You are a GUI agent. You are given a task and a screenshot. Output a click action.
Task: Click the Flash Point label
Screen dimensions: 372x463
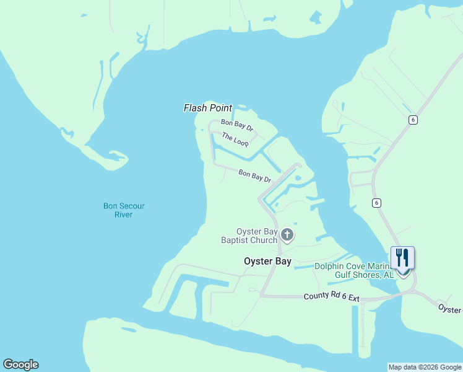pyautogui.click(x=208, y=108)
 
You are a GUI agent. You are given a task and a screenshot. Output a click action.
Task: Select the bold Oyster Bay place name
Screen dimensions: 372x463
pyautogui.click(x=267, y=262)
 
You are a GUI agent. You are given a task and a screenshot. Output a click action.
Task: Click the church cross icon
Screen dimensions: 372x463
pyautogui.click(x=287, y=235)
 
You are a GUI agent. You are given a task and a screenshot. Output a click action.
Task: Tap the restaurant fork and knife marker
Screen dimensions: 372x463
pyautogui.click(x=402, y=257)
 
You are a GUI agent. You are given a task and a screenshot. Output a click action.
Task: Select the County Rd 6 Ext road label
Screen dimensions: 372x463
pyautogui.click(x=331, y=298)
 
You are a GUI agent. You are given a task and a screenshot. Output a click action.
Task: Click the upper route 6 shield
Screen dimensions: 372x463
pyautogui.click(x=412, y=120)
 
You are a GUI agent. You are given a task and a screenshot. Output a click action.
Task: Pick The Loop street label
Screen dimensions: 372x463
pyautogui.click(x=235, y=140)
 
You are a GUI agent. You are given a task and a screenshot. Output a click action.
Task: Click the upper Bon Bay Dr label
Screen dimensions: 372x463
pyautogui.click(x=238, y=125)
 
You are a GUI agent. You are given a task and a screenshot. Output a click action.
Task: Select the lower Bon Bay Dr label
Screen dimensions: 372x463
pyautogui.click(x=255, y=176)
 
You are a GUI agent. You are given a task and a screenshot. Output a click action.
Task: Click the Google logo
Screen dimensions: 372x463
pyautogui.click(x=20, y=365)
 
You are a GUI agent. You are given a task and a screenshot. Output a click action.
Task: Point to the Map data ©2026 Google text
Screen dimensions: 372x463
pyautogui.click(x=425, y=367)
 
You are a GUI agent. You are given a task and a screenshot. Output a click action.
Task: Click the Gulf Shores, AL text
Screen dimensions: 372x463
pyautogui.click(x=364, y=275)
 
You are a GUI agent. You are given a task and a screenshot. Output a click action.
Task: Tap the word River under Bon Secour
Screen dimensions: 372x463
pyautogui.click(x=123, y=215)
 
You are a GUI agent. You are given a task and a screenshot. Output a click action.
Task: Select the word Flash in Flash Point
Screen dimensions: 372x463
pyautogui.click(x=195, y=108)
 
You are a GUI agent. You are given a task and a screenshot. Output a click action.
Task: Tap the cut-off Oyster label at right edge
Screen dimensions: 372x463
pyautogui.click(x=450, y=308)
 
